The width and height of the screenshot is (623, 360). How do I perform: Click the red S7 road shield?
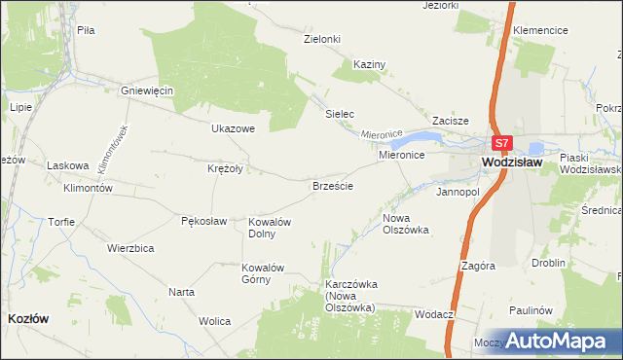(500, 143)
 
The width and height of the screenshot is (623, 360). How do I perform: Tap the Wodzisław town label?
(516, 163)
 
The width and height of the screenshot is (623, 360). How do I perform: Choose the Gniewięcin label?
(146, 90)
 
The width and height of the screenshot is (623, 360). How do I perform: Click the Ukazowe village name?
(233, 127)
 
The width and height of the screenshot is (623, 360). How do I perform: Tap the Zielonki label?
(322, 39)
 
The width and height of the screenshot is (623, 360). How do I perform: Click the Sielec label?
(339, 114)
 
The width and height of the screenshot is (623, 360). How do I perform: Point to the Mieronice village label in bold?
(401, 156)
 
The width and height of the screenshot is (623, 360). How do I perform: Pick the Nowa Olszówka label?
(406, 224)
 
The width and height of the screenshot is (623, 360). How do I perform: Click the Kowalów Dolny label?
(270, 227)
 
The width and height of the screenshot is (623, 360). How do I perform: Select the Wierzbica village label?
(131, 248)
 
